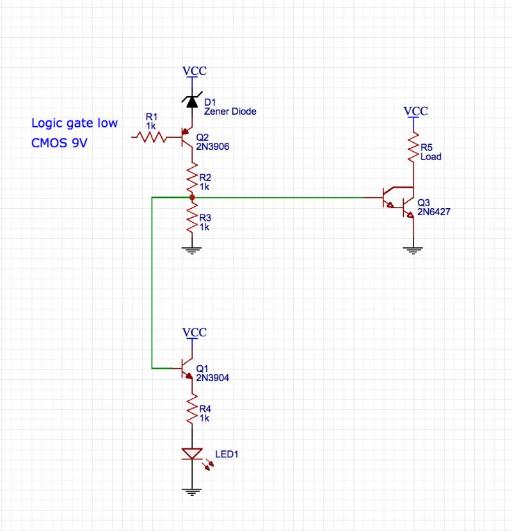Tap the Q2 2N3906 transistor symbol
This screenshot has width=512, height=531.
click(188, 136)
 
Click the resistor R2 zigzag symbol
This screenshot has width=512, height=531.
click(191, 177)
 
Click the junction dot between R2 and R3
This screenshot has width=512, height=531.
click(191, 198)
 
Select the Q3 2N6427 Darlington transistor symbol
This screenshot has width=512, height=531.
click(401, 199)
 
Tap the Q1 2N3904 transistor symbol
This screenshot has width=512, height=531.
click(188, 369)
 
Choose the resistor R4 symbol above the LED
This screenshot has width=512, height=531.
click(191, 409)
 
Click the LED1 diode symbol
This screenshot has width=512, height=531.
click(192, 453)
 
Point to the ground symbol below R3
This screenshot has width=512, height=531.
click(191, 251)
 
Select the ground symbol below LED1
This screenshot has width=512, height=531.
click(192, 491)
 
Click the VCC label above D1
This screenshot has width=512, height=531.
click(195, 70)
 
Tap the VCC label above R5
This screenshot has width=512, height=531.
click(416, 111)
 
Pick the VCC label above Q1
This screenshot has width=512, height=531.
click(195, 332)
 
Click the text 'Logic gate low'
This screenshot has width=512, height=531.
click(74, 123)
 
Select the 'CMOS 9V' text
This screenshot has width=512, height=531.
click(60, 143)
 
